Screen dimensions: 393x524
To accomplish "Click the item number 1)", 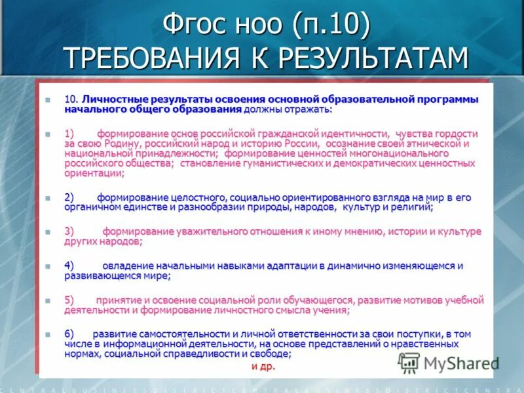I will [69, 134].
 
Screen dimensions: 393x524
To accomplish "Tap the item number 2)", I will [69, 197].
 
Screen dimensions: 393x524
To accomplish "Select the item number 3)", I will [69, 232].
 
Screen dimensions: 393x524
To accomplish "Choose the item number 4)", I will [69, 266].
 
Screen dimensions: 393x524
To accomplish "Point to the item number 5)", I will [69, 301].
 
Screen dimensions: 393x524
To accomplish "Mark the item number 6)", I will [69, 335].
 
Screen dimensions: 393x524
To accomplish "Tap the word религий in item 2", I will [411, 207].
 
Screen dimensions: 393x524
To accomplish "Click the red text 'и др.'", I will [263, 366].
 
